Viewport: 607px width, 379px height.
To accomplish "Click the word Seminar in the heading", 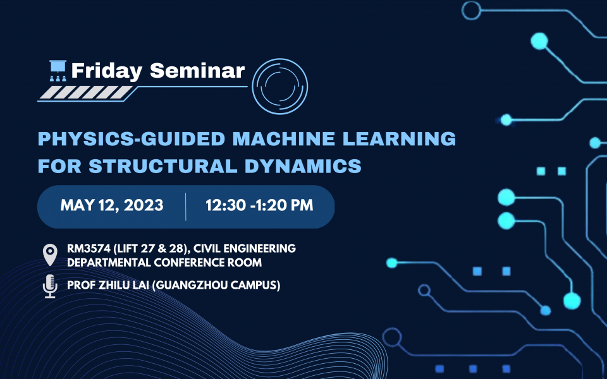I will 197,71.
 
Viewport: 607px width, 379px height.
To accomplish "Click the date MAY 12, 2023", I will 112,205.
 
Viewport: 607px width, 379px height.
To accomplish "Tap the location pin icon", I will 49,255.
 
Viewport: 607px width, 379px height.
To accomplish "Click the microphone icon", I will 49,286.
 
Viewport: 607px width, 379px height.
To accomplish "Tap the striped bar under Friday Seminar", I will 89,93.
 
